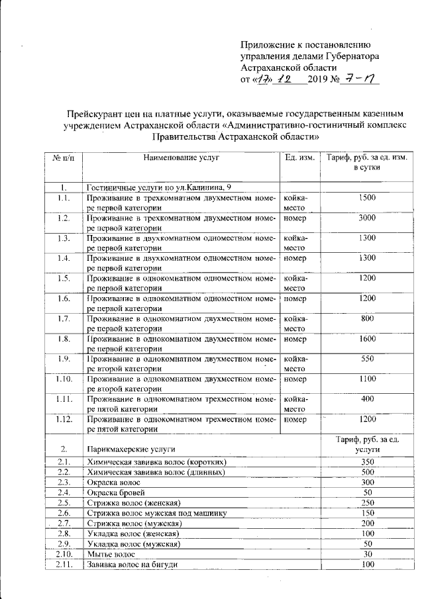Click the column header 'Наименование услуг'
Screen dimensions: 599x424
point(180,158)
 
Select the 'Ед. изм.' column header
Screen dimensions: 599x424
point(298,158)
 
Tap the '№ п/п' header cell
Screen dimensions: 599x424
point(64,158)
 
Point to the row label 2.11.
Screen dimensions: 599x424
point(64,565)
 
